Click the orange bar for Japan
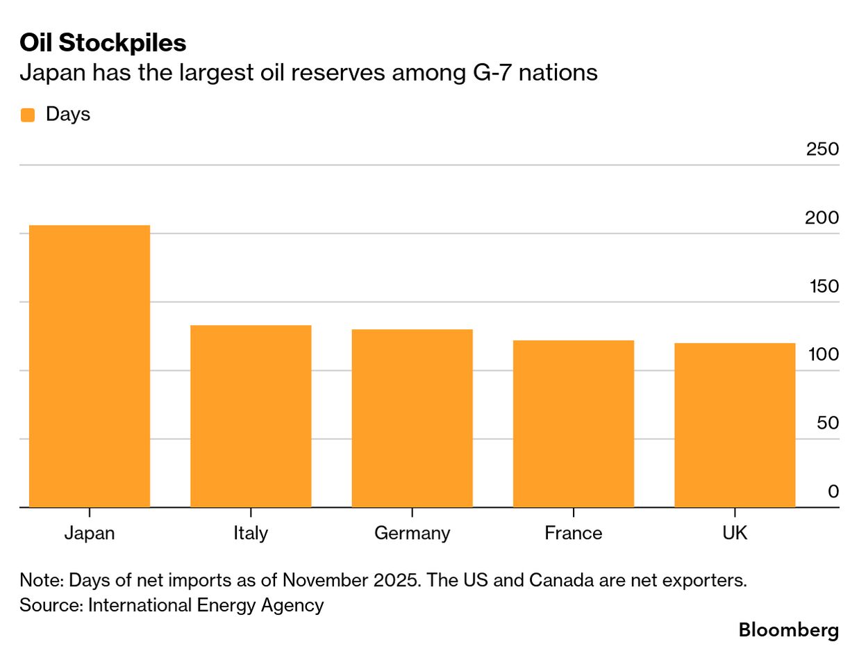point(90,366)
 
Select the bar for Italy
point(251,416)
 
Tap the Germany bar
point(412,418)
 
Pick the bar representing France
point(573,424)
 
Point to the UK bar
point(735,425)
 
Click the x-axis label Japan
point(90,533)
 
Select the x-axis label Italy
point(251,533)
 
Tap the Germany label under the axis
point(412,533)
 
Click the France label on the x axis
point(573,533)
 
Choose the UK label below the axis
point(735,533)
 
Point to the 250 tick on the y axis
point(822,149)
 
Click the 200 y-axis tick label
point(822,217)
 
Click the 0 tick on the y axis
point(833,492)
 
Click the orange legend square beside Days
point(28,115)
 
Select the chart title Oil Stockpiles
point(103,43)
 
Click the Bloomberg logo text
point(788,630)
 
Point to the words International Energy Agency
point(205,605)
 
